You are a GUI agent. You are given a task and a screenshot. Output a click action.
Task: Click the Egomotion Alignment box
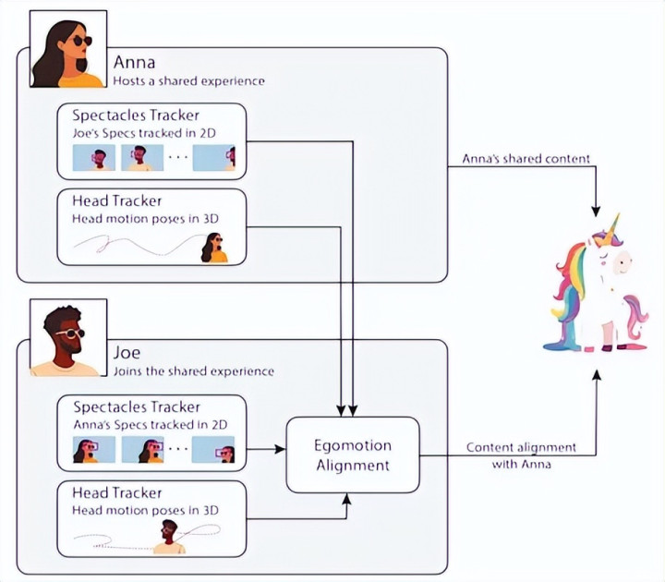point(353,455)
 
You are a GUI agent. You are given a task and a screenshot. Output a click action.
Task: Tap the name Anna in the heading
point(135,63)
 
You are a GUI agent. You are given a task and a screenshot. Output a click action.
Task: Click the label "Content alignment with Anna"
point(521,455)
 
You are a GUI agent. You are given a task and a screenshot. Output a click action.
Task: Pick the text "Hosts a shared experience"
point(188,81)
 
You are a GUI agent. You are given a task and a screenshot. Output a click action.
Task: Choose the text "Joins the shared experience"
point(193,371)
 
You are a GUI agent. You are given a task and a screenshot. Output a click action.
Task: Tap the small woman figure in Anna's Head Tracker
point(214,248)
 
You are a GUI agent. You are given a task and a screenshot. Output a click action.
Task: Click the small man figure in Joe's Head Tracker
point(168,537)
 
